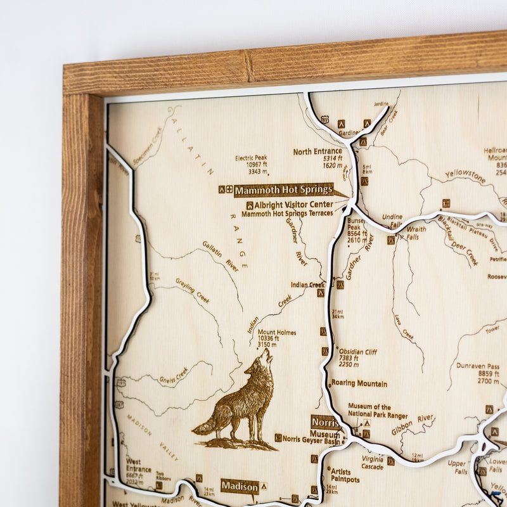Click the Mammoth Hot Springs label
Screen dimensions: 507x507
[x=283, y=189]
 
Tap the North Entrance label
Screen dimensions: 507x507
[x=317, y=151]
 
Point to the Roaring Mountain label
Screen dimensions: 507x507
[x=358, y=383]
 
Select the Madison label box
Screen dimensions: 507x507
[x=240, y=486]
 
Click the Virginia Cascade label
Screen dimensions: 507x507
[x=372, y=462]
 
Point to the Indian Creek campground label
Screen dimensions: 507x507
[x=307, y=285]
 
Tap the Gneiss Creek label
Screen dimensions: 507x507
[x=173, y=374]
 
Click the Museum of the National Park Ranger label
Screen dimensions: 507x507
[x=378, y=410]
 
